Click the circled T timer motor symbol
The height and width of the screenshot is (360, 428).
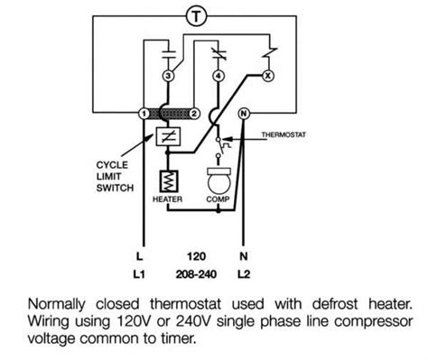point(197,16)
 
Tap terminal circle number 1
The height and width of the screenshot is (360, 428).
point(144,114)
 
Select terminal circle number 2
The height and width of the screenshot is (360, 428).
point(194,114)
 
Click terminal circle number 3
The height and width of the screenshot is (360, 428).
point(169,76)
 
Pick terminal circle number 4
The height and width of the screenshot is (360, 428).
point(219,76)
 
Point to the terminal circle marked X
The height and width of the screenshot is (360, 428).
point(268,76)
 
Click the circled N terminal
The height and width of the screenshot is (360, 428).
point(244,114)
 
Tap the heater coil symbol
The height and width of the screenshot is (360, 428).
point(169,181)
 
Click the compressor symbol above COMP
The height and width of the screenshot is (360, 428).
point(219,180)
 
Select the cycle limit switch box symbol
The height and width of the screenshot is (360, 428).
point(168,137)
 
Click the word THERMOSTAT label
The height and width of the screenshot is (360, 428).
point(284,134)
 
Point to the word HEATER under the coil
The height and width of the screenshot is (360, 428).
point(167,199)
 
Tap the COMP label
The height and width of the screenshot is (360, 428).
point(218,199)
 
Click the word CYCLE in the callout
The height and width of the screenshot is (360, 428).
point(112,165)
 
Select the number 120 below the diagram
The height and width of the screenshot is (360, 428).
point(196,256)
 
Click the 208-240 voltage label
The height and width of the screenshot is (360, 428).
point(196,274)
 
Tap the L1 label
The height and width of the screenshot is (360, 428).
point(139,274)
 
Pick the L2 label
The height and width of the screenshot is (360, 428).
point(244,274)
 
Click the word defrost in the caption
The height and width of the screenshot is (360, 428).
point(335,304)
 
